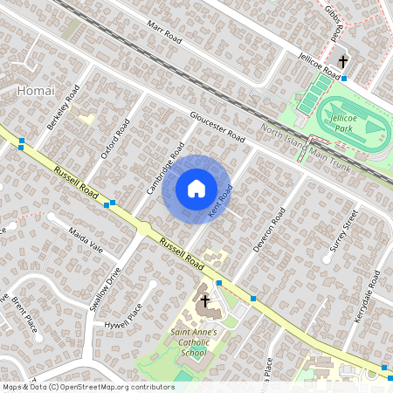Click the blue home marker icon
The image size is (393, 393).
click(196, 189)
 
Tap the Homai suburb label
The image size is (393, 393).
click(36, 90)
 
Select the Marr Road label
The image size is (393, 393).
click(164, 35)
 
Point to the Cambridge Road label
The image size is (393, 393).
click(165, 169)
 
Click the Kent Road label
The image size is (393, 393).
click(220, 202)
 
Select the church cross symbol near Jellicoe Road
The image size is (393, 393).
click(343, 62)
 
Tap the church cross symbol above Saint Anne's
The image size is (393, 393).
click(205, 301)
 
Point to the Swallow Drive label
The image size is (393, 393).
click(114, 288)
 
